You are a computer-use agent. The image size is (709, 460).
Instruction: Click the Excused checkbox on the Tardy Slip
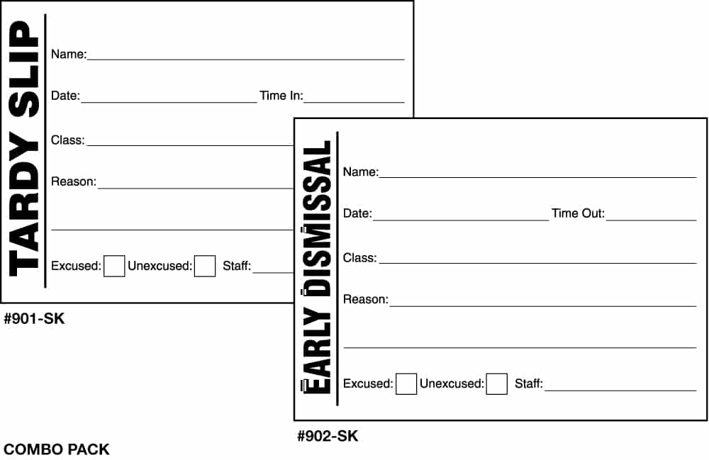pos(114,266)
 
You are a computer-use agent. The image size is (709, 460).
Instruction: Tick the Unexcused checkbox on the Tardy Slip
pos(205,266)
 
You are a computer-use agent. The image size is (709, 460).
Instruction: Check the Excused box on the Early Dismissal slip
pos(406,383)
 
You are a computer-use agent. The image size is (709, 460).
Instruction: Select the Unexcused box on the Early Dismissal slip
pos(496,383)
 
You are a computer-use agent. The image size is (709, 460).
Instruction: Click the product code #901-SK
pos(34,318)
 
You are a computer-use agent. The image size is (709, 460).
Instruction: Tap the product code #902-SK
pos(328,436)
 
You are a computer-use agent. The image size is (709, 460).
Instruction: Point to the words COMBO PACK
pos(57,449)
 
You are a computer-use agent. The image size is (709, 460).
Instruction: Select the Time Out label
pos(578,213)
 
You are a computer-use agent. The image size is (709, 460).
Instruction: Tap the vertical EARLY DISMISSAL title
pos(316,267)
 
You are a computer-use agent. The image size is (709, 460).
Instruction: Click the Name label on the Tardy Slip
pos(69,55)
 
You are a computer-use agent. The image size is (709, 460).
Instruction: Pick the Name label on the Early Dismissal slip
pos(361,172)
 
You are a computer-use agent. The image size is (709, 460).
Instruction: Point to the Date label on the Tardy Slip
pos(65,96)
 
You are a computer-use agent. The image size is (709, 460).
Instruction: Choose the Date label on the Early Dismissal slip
pos(357,213)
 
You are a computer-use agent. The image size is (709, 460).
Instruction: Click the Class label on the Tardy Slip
pos(68,140)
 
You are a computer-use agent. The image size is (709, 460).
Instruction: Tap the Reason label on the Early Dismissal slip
pos(366,300)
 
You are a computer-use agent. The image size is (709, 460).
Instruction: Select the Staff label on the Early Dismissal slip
pos(529,383)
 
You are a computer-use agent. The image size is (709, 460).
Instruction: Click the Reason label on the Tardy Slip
pos(74,181)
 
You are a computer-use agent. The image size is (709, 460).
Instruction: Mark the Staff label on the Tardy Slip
pos(237,266)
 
